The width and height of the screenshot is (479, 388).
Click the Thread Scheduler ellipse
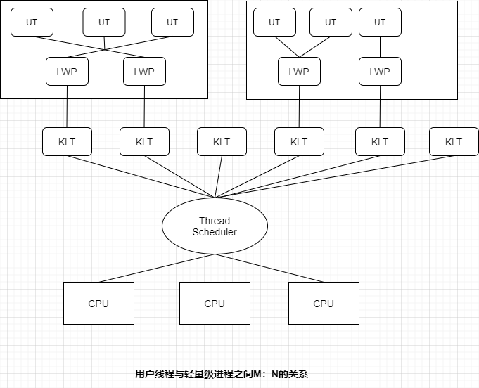(x=215, y=226)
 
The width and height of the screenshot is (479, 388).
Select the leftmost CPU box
(x=98, y=303)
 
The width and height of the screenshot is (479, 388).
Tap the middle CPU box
(x=215, y=303)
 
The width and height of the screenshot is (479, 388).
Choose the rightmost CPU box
(x=324, y=303)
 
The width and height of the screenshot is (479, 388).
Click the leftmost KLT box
(x=67, y=141)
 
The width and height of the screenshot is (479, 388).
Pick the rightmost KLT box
(x=454, y=141)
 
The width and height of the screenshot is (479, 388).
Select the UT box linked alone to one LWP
(x=380, y=22)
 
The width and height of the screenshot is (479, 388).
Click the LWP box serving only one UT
(x=380, y=71)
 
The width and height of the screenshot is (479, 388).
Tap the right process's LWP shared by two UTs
(x=299, y=71)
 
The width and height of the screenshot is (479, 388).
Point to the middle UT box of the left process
(x=104, y=22)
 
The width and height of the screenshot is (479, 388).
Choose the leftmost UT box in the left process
(x=32, y=22)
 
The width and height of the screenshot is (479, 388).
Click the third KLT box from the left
(x=222, y=141)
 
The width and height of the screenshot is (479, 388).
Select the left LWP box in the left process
(x=67, y=71)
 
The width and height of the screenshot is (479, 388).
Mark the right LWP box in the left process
(x=144, y=71)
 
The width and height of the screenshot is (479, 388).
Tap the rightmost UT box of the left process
(x=172, y=22)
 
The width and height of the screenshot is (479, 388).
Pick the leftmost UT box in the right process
(x=274, y=22)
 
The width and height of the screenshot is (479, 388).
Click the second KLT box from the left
(x=144, y=141)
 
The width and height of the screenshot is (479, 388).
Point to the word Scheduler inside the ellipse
(x=215, y=232)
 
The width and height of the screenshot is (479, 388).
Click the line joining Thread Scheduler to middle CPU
(x=215, y=268)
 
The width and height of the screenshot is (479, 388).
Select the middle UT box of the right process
(x=329, y=22)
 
